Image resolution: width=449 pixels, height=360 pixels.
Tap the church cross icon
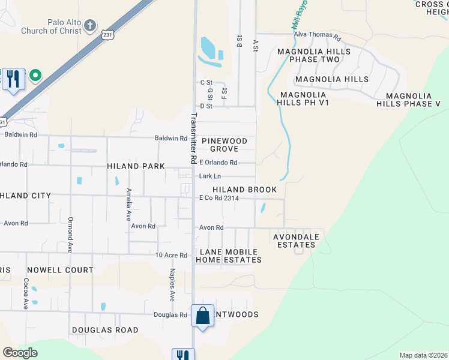[89, 25]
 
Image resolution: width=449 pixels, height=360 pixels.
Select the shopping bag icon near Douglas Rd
[203, 315]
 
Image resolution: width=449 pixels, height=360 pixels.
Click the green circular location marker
[35, 76]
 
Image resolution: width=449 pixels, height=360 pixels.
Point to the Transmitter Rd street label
[194, 139]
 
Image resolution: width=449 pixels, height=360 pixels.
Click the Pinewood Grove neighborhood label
[224, 145]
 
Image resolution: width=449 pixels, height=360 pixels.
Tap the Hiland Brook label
[244, 190]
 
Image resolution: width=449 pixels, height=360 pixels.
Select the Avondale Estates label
[296, 241]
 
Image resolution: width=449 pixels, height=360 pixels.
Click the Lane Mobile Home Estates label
[231, 256]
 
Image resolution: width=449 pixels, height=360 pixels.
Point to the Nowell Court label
[60, 271]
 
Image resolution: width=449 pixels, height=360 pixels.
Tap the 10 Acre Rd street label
[172, 255]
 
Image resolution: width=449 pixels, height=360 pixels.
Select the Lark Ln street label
[210, 176]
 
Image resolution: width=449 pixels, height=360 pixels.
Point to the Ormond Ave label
[70, 234]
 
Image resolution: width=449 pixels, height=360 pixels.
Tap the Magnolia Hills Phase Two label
[309, 55]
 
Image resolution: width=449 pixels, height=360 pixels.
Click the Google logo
[20, 353]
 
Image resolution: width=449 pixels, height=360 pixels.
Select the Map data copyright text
[423, 355]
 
